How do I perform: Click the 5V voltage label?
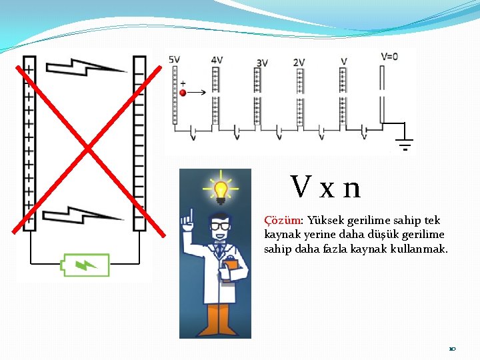175,60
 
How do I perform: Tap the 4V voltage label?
217,60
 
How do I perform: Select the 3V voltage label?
262,63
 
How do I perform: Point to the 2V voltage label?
299,63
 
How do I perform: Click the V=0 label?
389,57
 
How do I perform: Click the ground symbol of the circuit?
405,143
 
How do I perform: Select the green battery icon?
85,265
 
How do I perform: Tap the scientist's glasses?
220,227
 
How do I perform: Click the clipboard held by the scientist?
230,271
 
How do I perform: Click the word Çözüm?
283,221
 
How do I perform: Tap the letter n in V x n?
352,189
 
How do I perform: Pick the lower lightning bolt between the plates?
83,215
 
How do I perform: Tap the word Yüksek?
326,221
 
